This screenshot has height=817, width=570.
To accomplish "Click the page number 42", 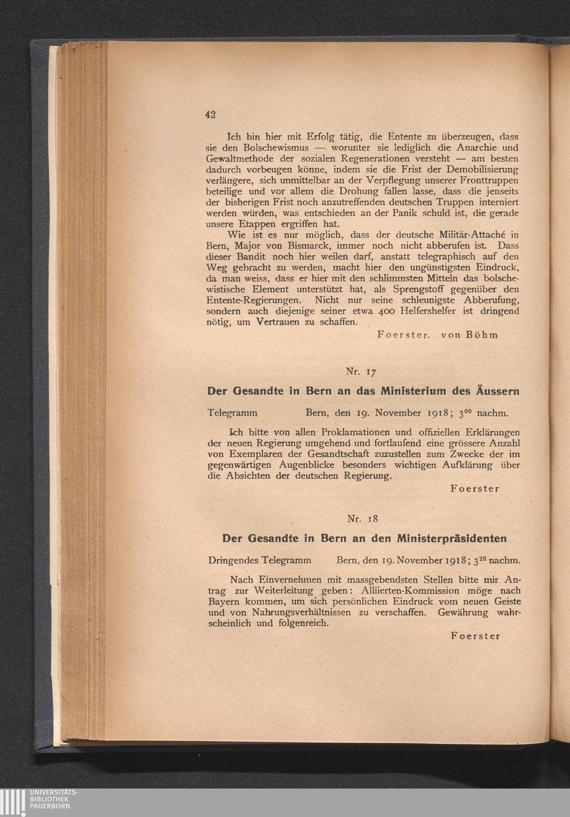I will pos(210,114).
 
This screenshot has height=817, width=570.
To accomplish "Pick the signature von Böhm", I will pos(469,334).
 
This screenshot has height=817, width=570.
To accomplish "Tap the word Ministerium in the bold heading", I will pos(405,391).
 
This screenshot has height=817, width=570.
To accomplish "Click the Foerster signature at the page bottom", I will pos(475,635).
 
